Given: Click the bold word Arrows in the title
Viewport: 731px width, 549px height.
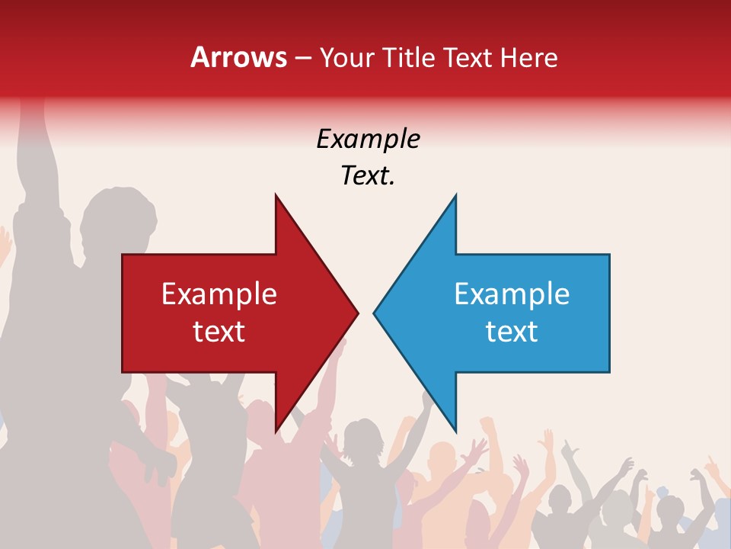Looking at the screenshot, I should (x=238, y=58).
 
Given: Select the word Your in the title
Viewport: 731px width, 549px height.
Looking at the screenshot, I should (x=346, y=58).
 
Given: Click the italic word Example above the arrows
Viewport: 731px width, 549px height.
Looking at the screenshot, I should (x=368, y=140).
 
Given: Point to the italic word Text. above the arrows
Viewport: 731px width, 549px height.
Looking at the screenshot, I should (x=368, y=176).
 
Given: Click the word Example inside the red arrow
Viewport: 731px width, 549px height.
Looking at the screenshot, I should (x=219, y=294).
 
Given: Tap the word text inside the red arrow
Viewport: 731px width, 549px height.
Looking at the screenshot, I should (x=219, y=332).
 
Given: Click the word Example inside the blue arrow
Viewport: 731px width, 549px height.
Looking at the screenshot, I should (x=512, y=294).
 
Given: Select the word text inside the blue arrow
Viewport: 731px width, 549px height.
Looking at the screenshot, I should (x=512, y=332).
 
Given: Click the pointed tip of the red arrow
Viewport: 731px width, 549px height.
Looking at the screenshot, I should (x=357, y=313).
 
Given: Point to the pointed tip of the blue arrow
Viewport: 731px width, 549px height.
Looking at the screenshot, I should (x=375, y=313).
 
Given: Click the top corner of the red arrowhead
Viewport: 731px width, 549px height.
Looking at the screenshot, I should (x=276, y=196).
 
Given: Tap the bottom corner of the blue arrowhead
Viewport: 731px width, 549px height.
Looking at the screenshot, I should (x=455, y=430).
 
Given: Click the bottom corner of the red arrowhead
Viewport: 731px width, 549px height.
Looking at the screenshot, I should (x=276, y=430).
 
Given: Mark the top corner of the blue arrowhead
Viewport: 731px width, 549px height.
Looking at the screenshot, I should (x=455, y=196).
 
